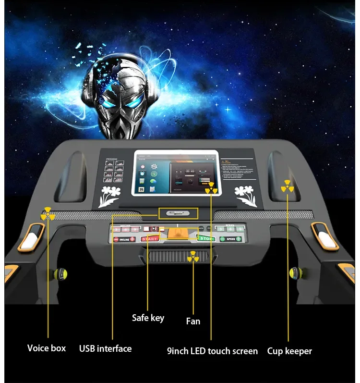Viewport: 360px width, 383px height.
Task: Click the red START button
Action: pyautogui.click(x=149, y=239)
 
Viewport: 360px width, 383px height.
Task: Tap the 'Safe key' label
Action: pyautogui.click(x=148, y=318)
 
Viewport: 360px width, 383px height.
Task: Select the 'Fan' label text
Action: pyautogui.click(x=193, y=321)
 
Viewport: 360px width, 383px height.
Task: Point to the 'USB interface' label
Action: pyautogui.click(x=105, y=348)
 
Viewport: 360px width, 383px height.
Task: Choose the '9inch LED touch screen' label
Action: pyautogui.click(x=212, y=351)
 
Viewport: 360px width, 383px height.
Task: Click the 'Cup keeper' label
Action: pyautogui.click(x=289, y=351)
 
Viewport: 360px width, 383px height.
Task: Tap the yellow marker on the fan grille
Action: pyautogui.click(x=193, y=257)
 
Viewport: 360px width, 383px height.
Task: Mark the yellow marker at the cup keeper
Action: pyautogui.click(x=287, y=186)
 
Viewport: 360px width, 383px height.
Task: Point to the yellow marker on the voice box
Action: pyautogui.click(x=48, y=214)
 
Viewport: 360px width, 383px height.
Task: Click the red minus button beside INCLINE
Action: pyautogui.click(x=116, y=239)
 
